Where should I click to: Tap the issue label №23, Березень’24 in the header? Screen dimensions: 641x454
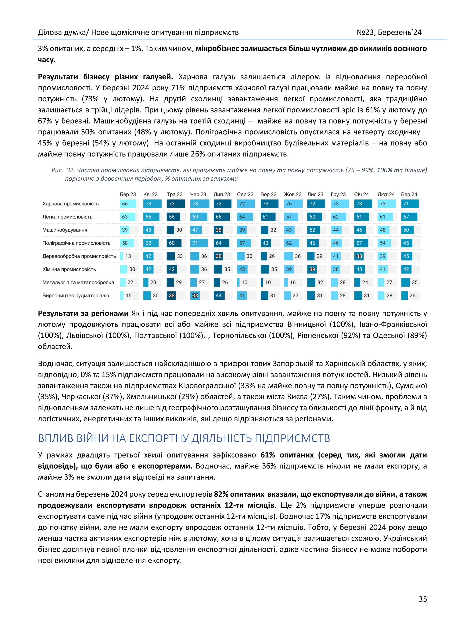pyautogui.click(x=389, y=33)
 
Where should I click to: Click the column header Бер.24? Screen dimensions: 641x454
pyautogui.click(x=409, y=194)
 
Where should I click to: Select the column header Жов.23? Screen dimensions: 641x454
pyautogui.click(x=292, y=194)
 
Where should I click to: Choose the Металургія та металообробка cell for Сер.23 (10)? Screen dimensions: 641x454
pyautogui.click(x=244, y=282)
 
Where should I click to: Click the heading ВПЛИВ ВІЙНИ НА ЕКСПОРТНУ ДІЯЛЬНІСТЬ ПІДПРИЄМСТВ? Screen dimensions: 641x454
pyautogui.click(x=184, y=438)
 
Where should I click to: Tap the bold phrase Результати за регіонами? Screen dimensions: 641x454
pyautogui.click(x=83, y=313)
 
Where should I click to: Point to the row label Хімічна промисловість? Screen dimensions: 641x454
pyautogui.click(x=69, y=269)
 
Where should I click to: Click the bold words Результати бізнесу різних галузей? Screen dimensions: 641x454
pyautogui.click(x=105, y=77)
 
